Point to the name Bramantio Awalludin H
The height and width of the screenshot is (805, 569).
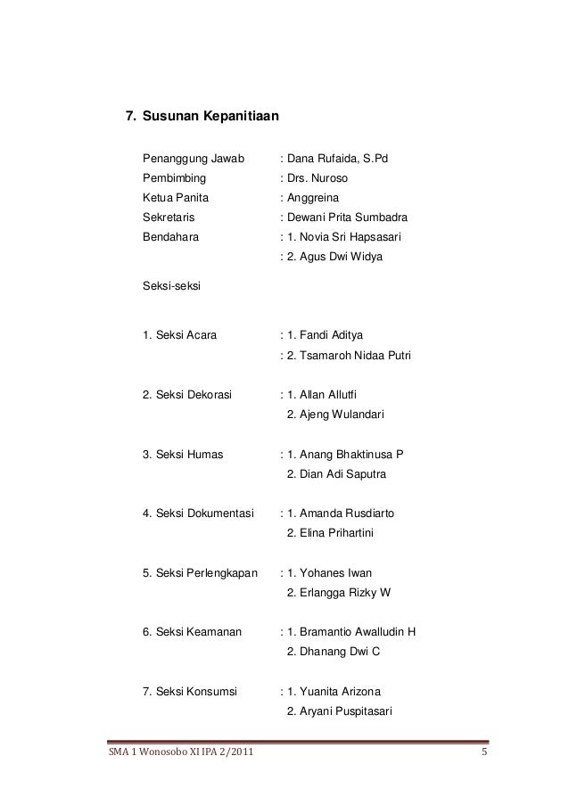359,632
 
